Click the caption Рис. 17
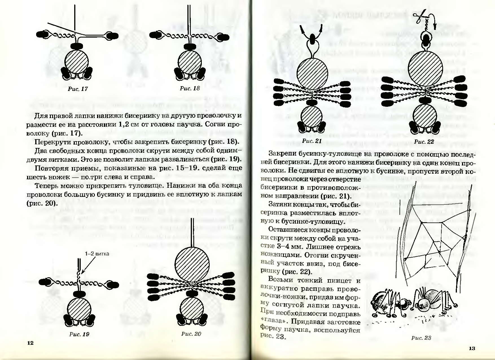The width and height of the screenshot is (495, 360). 78,89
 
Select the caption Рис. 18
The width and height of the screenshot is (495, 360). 190,88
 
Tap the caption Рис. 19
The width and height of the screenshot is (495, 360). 79,335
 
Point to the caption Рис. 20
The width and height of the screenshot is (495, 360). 191,334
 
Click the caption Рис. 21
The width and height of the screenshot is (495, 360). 312,141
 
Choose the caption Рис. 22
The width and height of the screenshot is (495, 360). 424,142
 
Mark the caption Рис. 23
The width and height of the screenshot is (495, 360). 421,338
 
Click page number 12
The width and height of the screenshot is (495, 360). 30,343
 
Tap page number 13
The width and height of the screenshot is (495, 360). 472,348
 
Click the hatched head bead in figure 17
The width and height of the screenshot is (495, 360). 76,61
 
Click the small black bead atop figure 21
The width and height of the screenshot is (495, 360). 312,38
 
